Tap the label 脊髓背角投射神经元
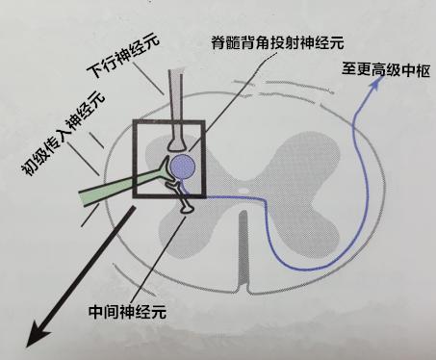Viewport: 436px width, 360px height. [278, 43]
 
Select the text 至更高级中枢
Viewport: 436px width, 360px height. [380, 70]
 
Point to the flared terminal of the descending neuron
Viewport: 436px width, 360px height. [177, 141]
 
